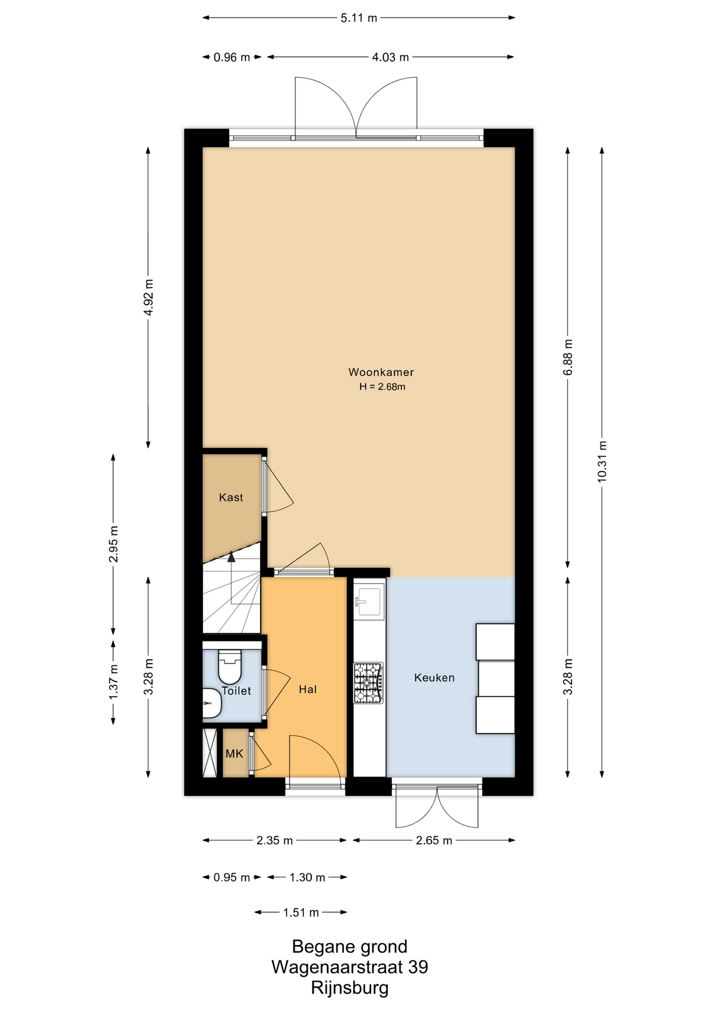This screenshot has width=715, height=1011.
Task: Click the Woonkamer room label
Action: point(381,372)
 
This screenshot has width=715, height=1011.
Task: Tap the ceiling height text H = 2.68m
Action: point(382,387)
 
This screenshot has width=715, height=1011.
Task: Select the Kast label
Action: point(231,497)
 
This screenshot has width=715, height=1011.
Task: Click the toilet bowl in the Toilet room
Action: point(230,666)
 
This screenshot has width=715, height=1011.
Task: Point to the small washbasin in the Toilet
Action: point(212,702)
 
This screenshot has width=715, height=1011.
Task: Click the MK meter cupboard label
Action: point(234,754)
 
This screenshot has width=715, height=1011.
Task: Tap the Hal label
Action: point(308,689)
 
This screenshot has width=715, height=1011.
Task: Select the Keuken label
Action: point(434,678)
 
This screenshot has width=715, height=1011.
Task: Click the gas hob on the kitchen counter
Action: point(369,683)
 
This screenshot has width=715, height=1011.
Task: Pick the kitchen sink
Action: point(370,601)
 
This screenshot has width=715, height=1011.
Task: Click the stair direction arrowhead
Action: point(231,557)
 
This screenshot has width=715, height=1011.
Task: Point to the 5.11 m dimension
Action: point(359,18)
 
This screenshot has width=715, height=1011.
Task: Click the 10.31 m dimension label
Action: point(602,462)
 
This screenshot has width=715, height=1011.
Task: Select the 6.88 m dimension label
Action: point(568,358)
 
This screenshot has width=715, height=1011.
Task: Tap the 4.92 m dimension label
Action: point(148,298)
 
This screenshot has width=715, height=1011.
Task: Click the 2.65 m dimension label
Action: point(434,840)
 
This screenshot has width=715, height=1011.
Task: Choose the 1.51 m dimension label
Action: point(301,913)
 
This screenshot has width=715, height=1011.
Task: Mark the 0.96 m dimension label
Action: point(232,57)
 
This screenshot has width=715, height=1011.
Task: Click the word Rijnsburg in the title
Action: point(350,988)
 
